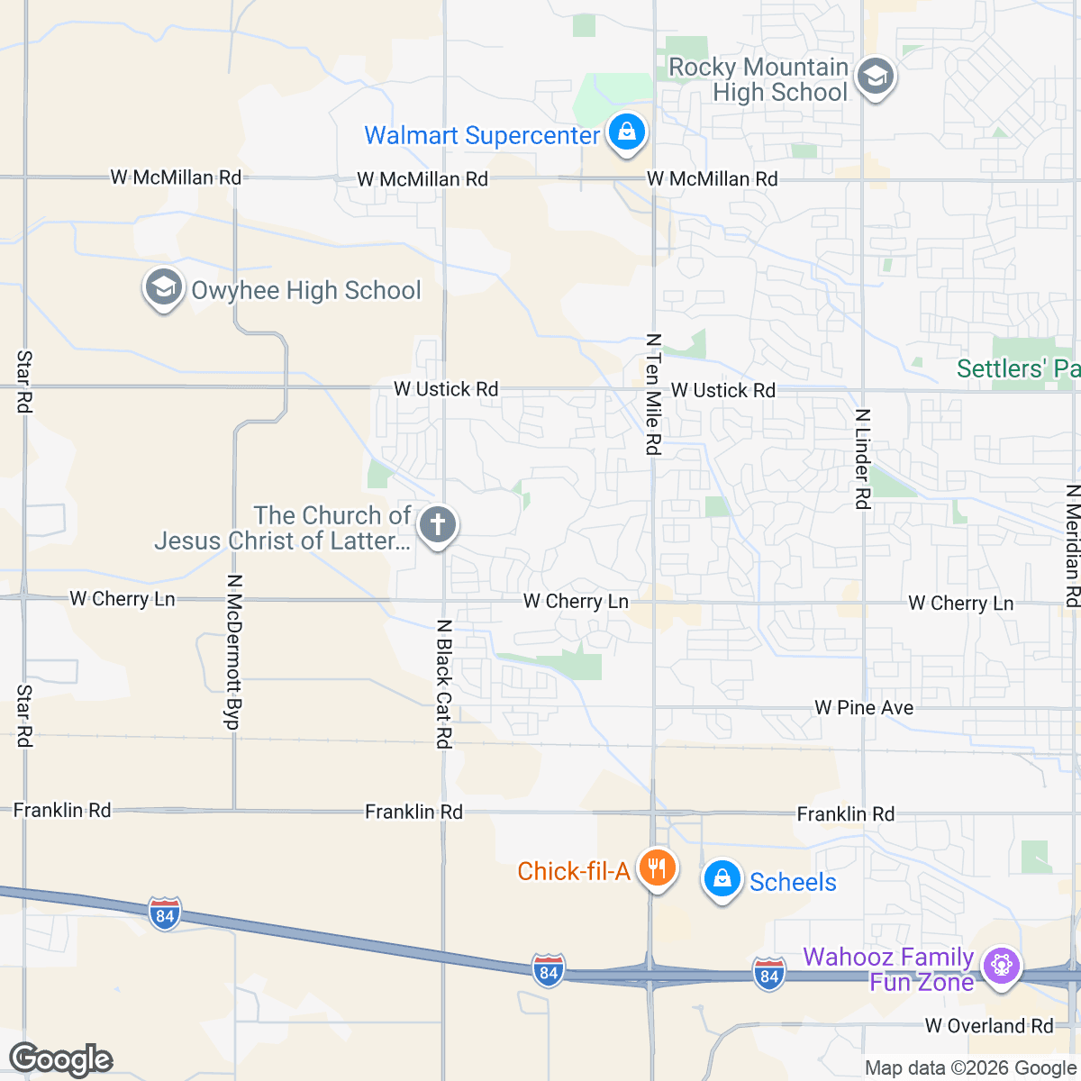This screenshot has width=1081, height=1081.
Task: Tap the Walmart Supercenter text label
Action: click(x=481, y=136)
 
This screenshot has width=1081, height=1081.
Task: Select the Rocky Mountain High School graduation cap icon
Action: click(x=874, y=77)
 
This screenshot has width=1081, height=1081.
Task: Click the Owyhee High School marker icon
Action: click(x=163, y=288)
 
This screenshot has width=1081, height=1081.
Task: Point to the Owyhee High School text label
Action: click(x=306, y=291)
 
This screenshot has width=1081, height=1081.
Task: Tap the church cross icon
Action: click(x=438, y=524)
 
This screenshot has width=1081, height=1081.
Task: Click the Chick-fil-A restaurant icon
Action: click(x=658, y=868)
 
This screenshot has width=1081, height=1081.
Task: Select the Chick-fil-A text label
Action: click(x=573, y=871)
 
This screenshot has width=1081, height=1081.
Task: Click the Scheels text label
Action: click(x=793, y=883)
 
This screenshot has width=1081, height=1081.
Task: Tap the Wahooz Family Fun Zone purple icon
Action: click(x=1001, y=966)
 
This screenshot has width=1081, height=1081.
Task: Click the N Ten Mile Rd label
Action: click(x=653, y=394)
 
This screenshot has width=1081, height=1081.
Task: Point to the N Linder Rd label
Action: click(x=863, y=459)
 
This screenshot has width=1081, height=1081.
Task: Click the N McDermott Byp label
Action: click(x=232, y=652)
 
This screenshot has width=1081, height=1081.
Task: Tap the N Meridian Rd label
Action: click(x=1072, y=546)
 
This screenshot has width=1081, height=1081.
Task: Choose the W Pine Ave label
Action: click(x=864, y=708)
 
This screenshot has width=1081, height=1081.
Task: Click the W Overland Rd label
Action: click(x=988, y=1026)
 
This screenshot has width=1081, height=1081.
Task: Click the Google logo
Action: click(x=60, y=1059)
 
